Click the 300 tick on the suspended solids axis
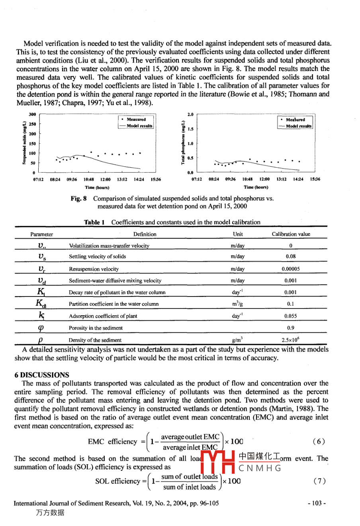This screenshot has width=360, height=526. click(32, 114)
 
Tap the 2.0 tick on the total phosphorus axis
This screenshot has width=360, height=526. click(190, 114)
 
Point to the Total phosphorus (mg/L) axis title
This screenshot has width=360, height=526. click(182, 143)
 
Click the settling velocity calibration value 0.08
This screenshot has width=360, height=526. click(291, 257)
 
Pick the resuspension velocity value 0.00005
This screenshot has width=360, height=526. click(291, 269)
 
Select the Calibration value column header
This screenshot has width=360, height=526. click(291, 234)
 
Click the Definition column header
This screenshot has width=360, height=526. click(145, 234)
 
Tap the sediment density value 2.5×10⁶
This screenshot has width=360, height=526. click(291, 340)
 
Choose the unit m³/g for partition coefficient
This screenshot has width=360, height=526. click(238, 304)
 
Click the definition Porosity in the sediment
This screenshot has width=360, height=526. click(96, 328)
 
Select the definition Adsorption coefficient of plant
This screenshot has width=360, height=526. click(103, 316)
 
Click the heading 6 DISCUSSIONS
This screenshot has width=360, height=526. click(41, 375)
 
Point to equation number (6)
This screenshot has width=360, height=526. click(319, 441)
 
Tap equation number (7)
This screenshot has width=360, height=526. click(319, 481)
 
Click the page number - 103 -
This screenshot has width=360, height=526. click(317, 503)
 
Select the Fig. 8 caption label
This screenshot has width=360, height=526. click(78, 198)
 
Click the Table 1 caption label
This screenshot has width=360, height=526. click(94, 222)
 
